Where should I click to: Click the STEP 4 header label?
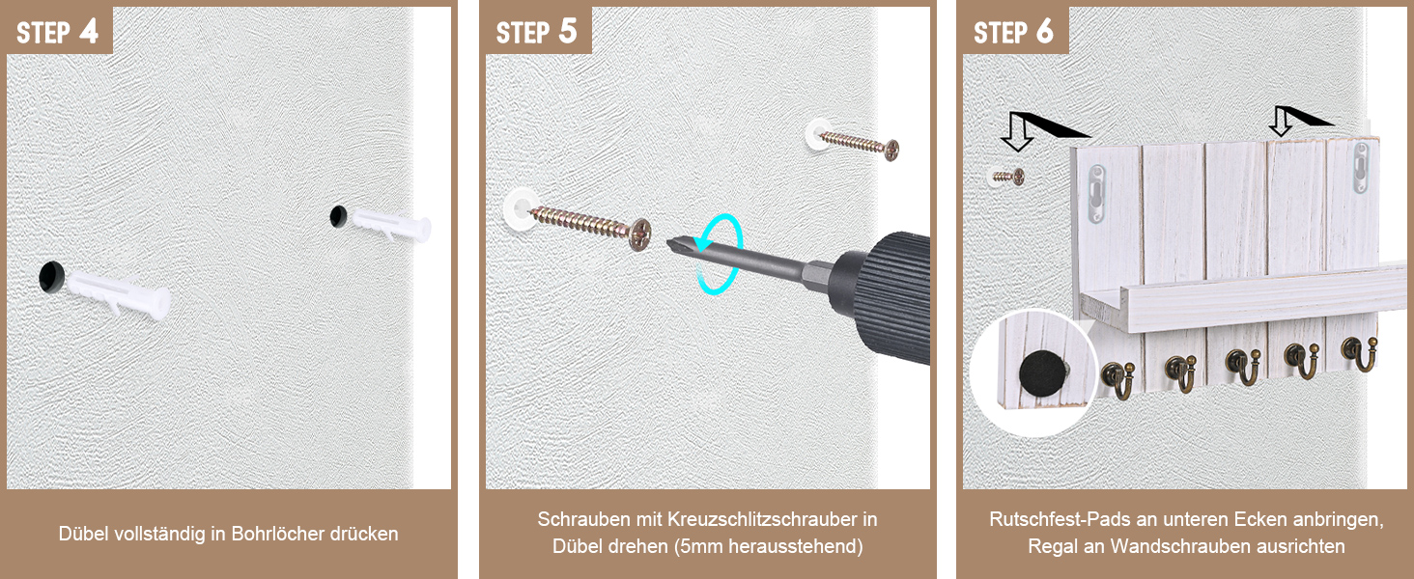coord(57,32)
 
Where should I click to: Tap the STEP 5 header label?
coord(537,32)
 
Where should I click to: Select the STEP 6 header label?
coord(1013,32)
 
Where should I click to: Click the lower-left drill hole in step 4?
coord(52,276)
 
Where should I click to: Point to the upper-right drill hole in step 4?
coord(338,216)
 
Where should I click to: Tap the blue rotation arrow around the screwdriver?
coord(719,254)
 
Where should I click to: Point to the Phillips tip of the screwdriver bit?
coord(674,243)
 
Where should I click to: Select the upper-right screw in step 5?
coord(859,145)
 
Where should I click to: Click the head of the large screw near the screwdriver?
coord(640,234)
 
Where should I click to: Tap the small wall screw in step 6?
coord(1008,177)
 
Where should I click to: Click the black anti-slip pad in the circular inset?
coord(1041,373)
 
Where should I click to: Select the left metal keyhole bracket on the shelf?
coord(1097,194)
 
